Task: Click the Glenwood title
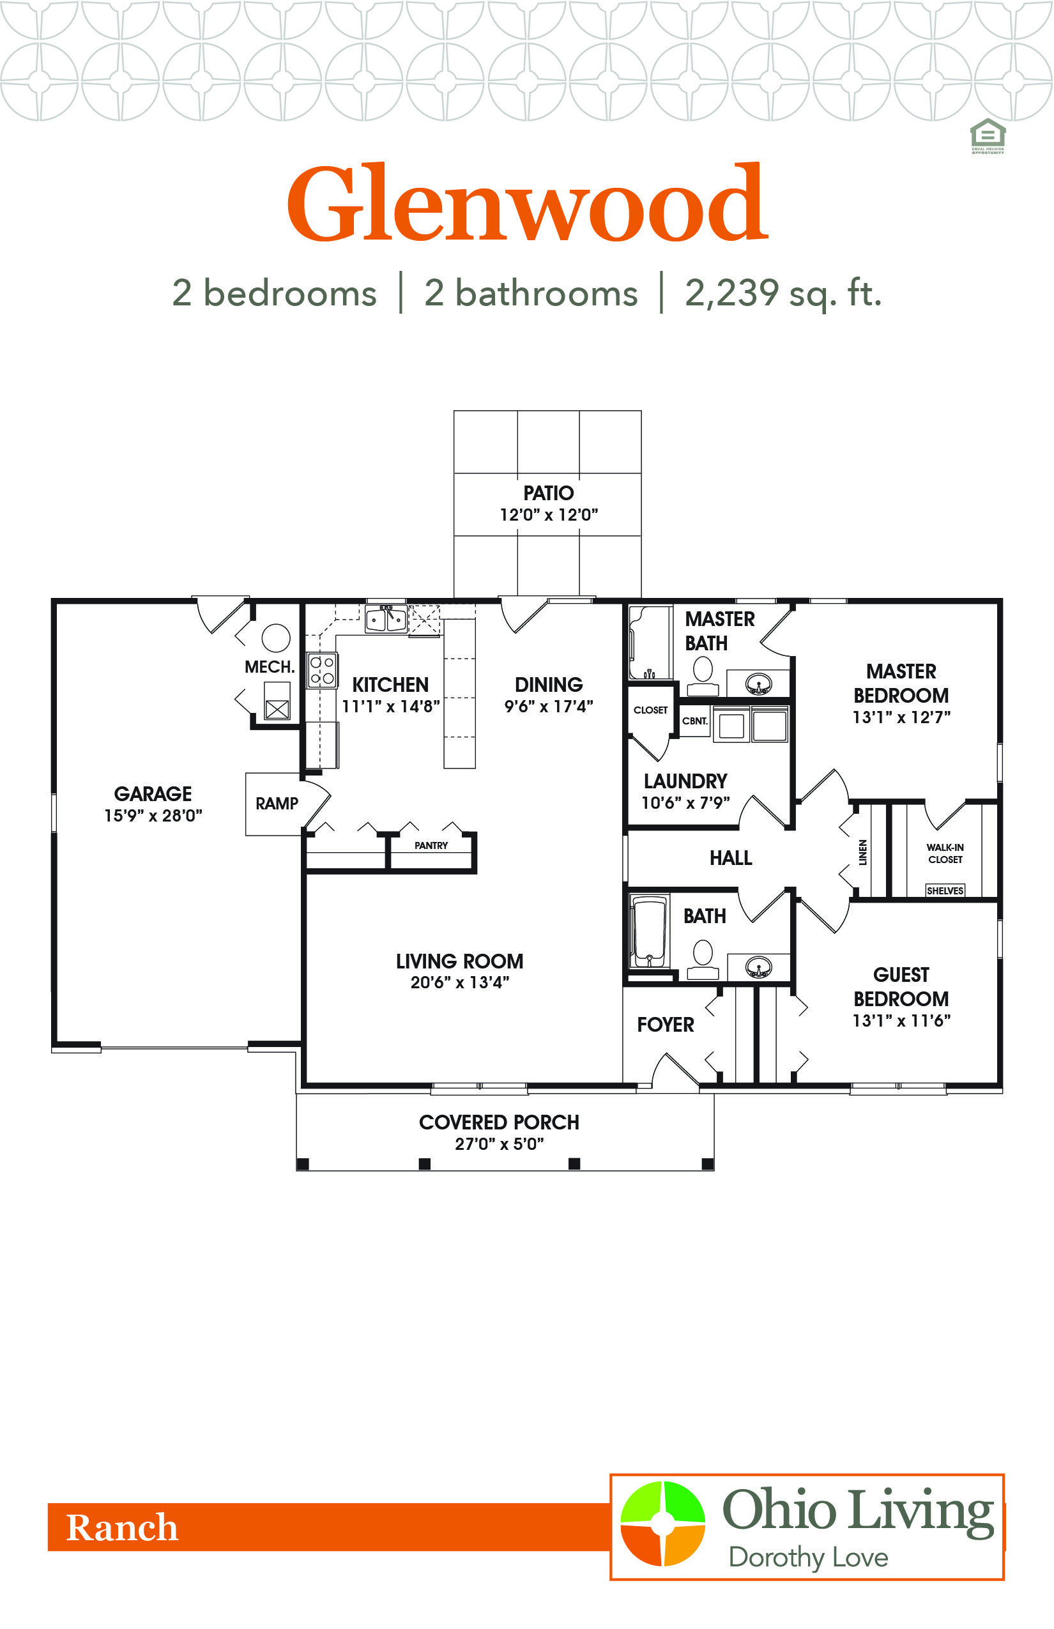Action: point(528,203)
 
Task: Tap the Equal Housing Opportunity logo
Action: point(988,135)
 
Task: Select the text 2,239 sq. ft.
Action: point(783,293)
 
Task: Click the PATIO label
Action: point(548,493)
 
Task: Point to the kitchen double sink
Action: point(386,619)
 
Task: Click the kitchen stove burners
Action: point(322,670)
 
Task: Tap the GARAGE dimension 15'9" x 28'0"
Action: point(153,815)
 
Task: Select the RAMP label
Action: point(277,804)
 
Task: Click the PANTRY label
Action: point(431,845)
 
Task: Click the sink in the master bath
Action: point(758,683)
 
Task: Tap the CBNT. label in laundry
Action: point(695,721)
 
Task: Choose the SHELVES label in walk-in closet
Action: point(945,891)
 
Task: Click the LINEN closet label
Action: point(863,852)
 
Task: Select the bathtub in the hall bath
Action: point(649,931)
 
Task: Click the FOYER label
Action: point(665,1025)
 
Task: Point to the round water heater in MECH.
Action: point(276,638)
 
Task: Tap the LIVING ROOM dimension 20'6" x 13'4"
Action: point(460,983)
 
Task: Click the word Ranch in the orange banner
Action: point(122,1527)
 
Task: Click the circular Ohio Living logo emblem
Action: point(662,1523)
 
